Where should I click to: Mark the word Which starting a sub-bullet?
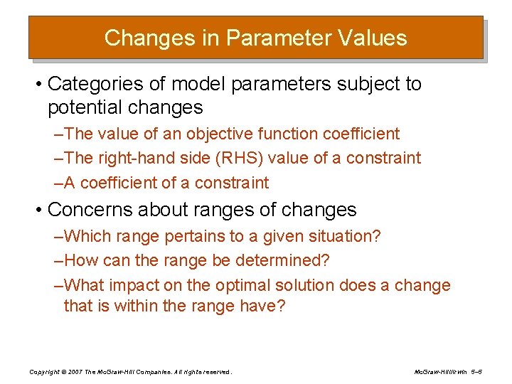point(85,236)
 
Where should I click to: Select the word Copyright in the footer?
point(44,372)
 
